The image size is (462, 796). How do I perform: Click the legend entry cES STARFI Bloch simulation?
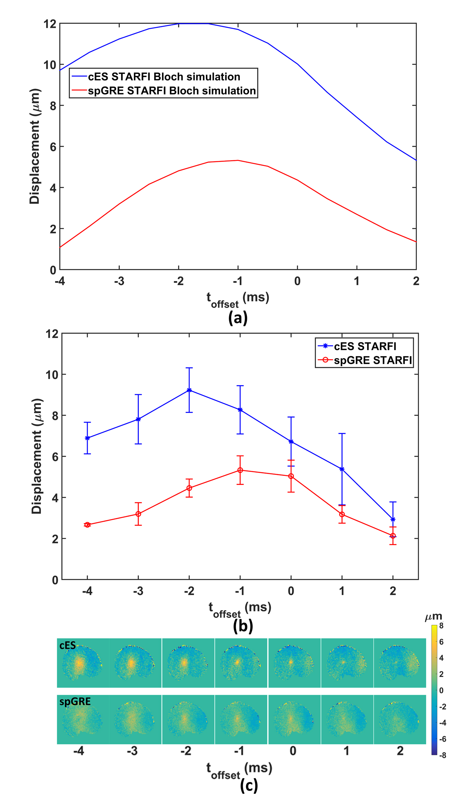(x=164, y=77)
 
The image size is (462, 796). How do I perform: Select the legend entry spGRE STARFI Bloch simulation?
(x=171, y=91)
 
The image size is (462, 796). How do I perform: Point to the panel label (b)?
(x=243, y=626)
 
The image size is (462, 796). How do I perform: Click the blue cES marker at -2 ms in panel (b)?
(x=189, y=390)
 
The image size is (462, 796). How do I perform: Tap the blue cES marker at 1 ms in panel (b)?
(x=342, y=469)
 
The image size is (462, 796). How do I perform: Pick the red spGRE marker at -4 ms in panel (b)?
(x=87, y=525)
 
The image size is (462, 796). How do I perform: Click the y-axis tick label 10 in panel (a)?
(x=50, y=65)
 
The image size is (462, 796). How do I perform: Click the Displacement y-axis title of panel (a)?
(x=35, y=146)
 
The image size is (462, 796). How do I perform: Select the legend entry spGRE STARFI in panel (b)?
(x=372, y=360)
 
